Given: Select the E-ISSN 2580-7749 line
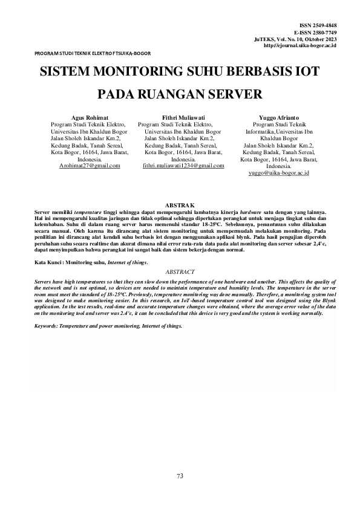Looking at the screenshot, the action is click(x=315, y=32).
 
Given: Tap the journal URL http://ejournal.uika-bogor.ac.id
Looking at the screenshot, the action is click(x=300, y=45).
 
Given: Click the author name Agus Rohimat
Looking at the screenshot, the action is click(x=90, y=117).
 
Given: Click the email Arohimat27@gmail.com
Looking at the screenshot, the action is click(x=90, y=166).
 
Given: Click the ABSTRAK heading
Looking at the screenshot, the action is click(x=180, y=207).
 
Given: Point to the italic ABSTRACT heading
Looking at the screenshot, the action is click(x=180, y=273).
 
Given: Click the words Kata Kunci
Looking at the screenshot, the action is click(x=48, y=263).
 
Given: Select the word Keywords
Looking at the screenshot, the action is click(x=48, y=326).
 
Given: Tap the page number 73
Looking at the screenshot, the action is click(x=180, y=476).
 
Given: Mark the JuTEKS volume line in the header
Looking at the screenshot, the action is click(x=295, y=39).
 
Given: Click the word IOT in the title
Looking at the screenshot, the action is click(x=306, y=71).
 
